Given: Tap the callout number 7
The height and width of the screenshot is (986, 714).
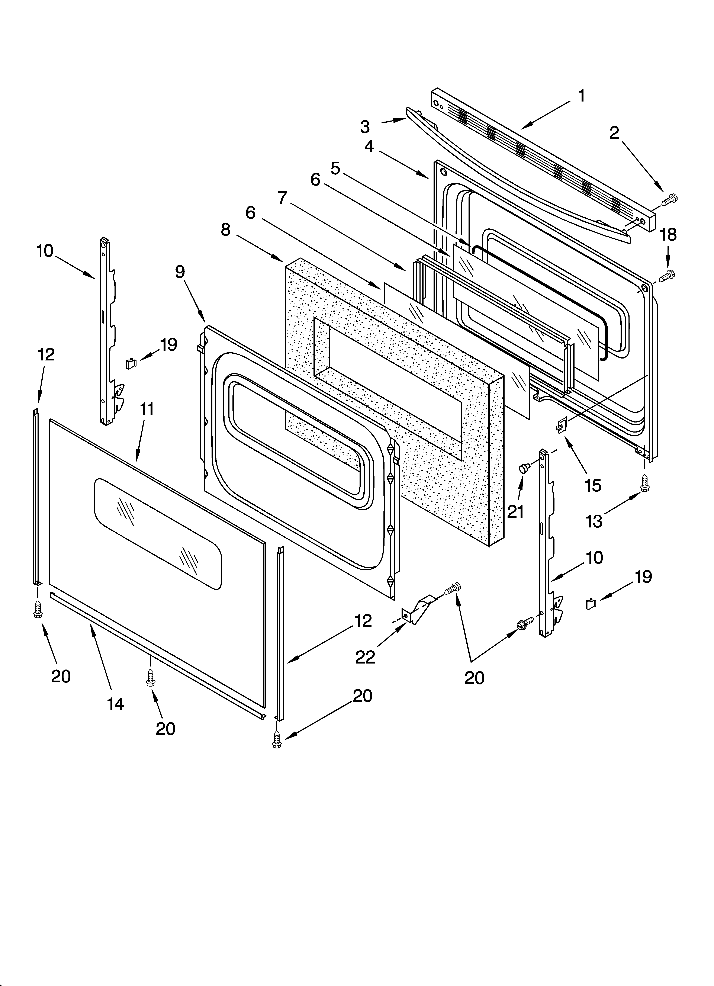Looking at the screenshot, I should [x=283, y=198].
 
